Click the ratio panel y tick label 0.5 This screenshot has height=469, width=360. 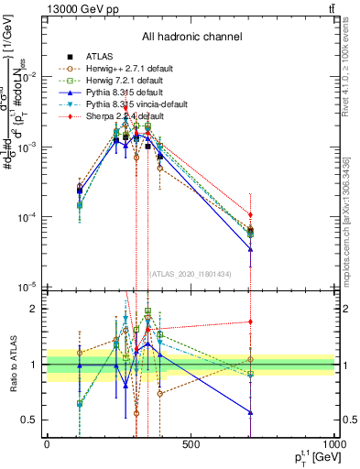click(32, 420)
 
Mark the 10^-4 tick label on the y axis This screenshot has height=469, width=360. click(30, 217)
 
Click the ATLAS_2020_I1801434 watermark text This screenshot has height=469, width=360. click(191, 273)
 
